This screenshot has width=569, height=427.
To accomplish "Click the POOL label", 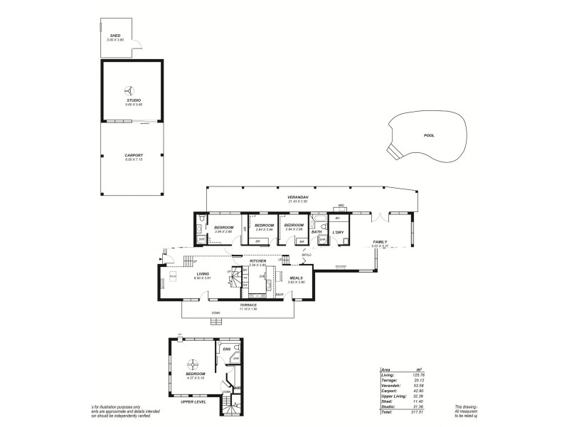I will [x=428, y=135].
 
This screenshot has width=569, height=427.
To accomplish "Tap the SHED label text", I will [x=115, y=36].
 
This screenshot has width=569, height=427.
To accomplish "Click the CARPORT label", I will [x=134, y=155].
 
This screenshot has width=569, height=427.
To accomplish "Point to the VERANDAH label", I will [x=297, y=197].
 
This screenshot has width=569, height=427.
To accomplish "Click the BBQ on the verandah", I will [x=341, y=207].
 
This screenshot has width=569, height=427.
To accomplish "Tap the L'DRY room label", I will [x=339, y=232].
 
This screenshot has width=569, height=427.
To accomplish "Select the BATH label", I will [x=317, y=232].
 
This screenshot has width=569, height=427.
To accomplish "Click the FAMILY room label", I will [x=381, y=242].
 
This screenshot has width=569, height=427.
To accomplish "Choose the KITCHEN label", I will [x=257, y=261].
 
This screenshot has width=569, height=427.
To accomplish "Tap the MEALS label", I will [x=297, y=278].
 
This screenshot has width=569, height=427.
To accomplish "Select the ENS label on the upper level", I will [x=227, y=349].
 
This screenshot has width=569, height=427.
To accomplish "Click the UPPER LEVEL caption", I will [x=193, y=402].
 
